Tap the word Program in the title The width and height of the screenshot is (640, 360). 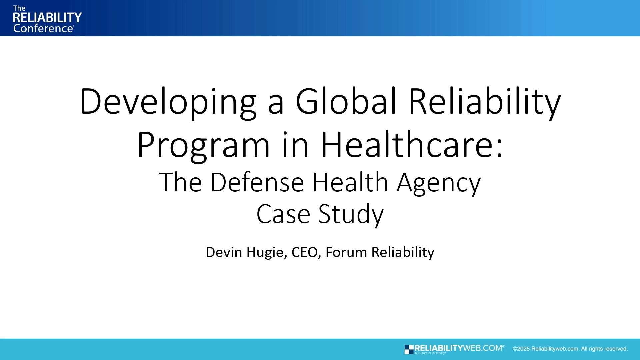pyautogui.click(x=203, y=145)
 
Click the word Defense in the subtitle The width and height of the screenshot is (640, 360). pyautogui.click(x=257, y=182)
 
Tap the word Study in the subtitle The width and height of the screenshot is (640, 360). pyautogui.click(x=351, y=214)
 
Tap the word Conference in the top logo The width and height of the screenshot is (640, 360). pyautogui.click(x=43, y=29)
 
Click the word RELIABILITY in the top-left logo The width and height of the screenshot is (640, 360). pyautogui.click(x=47, y=17)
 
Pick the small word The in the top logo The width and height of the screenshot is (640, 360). pyautogui.click(x=19, y=8)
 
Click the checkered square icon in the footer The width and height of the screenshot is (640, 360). pyautogui.click(x=409, y=349)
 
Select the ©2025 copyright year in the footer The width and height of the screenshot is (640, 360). pyautogui.click(x=521, y=349)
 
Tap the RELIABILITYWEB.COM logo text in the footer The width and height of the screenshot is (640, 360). pyautogui.click(x=458, y=348)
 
